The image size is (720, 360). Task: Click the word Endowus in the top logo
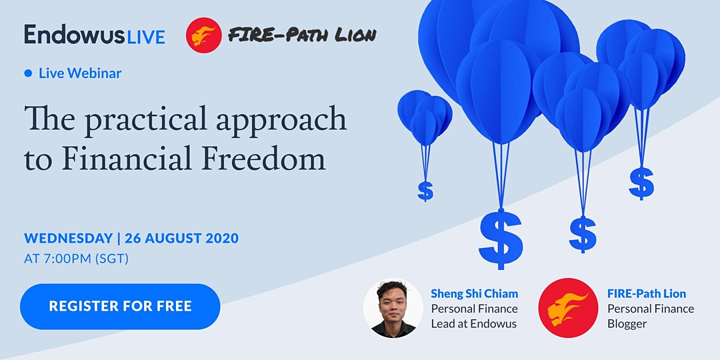(x=74, y=35)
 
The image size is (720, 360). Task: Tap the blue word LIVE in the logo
(x=145, y=37)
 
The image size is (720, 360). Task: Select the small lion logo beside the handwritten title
(x=203, y=35)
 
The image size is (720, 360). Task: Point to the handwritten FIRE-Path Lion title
(x=302, y=35)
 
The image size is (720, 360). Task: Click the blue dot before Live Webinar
(x=29, y=73)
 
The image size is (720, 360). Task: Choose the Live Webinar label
(x=80, y=73)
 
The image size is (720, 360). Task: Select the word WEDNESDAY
(x=69, y=238)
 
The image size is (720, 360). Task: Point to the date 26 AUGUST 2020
(x=181, y=238)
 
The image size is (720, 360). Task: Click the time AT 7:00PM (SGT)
(x=76, y=259)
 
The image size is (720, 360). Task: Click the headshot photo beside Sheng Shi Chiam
(x=393, y=307)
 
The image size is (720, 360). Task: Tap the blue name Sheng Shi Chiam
(x=475, y=293)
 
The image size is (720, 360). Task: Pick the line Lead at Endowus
(x=473, y=324)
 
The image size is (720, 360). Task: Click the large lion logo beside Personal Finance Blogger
(x=568, y=307)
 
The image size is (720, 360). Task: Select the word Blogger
(x=627, y=324)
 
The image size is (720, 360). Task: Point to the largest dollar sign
(x=501, y=239)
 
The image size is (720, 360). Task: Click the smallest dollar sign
(x=425, y=191)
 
